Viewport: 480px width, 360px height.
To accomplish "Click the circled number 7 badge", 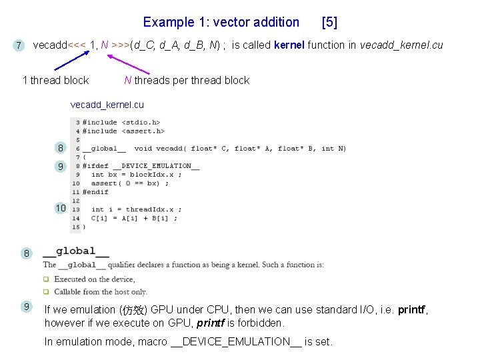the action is tap(19, 45).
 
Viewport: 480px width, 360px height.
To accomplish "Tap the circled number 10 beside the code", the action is tap(61, 208).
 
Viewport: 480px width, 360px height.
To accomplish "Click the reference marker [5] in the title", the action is tap(329, 22).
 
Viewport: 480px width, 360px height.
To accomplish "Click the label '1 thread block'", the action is tap(56, 80).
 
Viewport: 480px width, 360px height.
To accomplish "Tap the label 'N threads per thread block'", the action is tap(187, 80).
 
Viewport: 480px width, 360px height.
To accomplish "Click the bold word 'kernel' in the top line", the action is tap(289, 45).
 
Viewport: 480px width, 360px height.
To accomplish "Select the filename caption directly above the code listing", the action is tap(107, 105).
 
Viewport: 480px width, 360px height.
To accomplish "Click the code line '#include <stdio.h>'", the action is tap(121, 123).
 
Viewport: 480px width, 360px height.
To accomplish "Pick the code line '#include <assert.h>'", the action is tap(123, 131).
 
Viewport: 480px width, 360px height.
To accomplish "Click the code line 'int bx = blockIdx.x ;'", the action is tap(136, 175).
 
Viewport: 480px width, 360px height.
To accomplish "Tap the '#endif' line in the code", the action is tap(95, 192).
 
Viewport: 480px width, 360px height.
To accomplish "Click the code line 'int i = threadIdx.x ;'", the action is tap(136, 209).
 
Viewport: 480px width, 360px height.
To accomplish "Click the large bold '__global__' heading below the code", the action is tap(76, 252).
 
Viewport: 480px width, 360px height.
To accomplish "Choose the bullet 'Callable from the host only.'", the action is tap(100, 291).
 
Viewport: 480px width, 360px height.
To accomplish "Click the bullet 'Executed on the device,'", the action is tap(94, 279).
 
